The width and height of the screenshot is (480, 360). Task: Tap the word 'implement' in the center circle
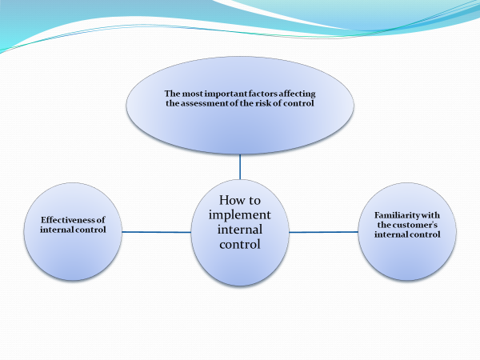coord(241,216)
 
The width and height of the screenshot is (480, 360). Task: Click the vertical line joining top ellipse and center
coord(240,166)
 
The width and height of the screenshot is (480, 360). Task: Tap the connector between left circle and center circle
coord(155,232)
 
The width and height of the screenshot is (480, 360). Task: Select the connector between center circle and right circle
coord(323,232)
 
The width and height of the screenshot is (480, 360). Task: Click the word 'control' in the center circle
coord(241,245)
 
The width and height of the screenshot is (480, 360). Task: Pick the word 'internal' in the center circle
coord(240,230)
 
